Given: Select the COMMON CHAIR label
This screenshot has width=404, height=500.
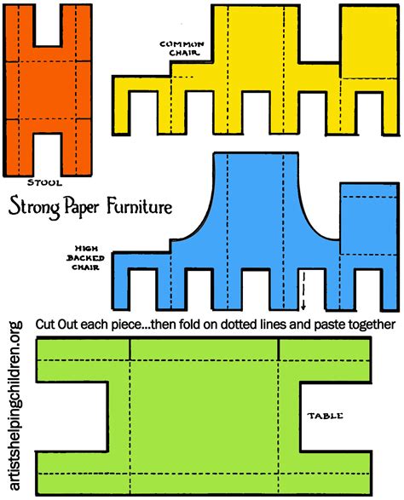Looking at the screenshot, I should [x=180, y=50].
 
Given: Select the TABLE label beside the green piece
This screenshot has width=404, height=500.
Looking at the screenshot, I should [x=325, y=417].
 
